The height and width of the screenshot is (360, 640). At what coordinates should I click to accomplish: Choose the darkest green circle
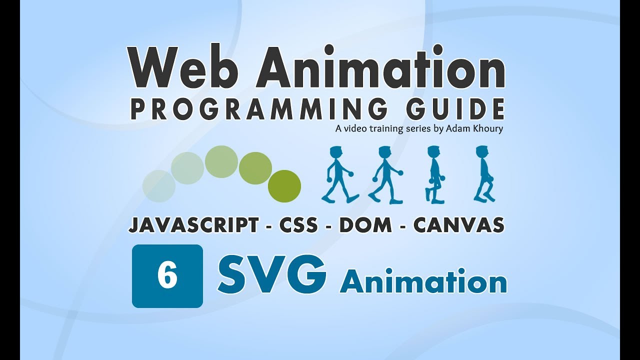point(284,186)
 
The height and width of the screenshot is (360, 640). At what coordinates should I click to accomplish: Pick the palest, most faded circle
point(159,186)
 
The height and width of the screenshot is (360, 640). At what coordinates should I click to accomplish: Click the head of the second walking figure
point(384,152)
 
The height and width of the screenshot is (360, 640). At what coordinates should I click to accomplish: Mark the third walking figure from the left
point(434,174)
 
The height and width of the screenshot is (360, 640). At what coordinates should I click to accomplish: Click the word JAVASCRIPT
point(194,225)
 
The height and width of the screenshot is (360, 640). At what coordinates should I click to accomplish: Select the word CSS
point(298,225)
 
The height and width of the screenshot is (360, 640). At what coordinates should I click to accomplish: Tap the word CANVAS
point(458,225)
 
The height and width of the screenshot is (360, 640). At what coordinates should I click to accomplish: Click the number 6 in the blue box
point(167,276)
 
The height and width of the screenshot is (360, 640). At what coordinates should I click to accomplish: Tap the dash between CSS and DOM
point(328,226)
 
